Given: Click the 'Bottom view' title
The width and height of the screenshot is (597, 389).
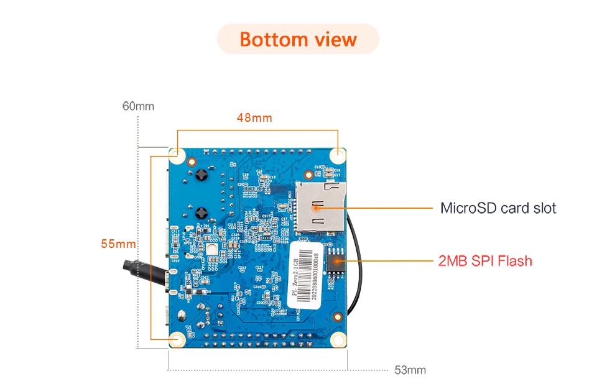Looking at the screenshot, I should tap(298, 39).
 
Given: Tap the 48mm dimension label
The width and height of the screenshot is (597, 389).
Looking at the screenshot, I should tap(254, 117).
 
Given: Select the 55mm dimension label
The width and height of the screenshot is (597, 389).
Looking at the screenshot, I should tap(118, 244).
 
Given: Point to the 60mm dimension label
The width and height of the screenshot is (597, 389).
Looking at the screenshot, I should tap(138, 106).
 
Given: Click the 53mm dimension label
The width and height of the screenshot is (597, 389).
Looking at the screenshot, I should tap(410, 370).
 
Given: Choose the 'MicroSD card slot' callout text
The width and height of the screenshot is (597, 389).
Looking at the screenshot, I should tap(498, 208).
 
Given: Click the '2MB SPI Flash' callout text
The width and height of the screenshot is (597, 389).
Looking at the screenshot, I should tap(486, 260).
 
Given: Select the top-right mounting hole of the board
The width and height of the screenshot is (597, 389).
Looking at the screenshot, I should tap(338, 155).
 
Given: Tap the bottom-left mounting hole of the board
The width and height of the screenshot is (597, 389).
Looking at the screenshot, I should tap(177, 339).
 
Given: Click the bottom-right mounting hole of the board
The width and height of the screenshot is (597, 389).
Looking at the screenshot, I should tap(338, 339).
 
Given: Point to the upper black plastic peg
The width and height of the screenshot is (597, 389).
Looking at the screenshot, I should tap(201, 176).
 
